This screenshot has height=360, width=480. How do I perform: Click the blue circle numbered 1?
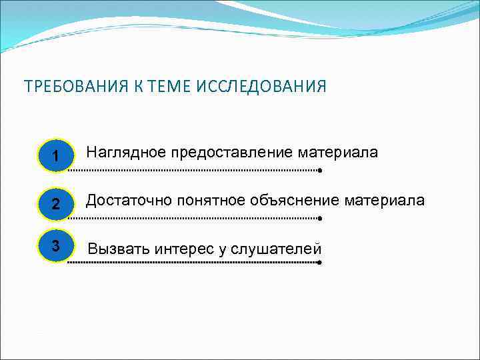[x=55, y=155]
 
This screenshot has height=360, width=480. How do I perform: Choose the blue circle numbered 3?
[x=55, y=246]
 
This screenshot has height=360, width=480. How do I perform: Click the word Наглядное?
[x=126, y=153]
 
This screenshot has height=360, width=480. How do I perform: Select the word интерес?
[x=183, y=249]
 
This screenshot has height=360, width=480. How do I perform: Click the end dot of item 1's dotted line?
[x=320, y=171]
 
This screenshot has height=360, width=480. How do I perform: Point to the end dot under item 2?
[x=320, y=218]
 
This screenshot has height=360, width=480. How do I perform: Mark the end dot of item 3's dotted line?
[x=320, y=263]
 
